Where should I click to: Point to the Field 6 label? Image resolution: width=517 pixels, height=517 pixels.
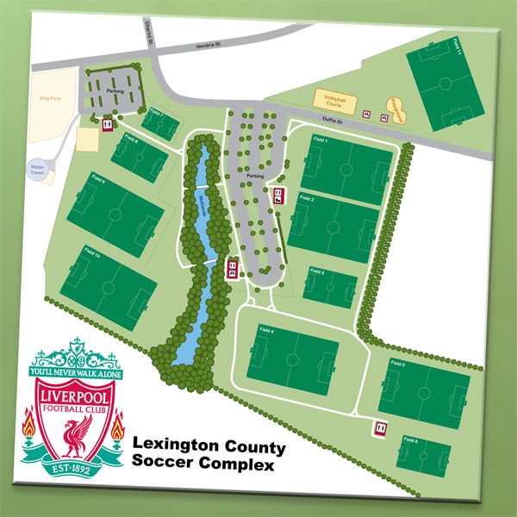pyautogui.click(x=409, y=440)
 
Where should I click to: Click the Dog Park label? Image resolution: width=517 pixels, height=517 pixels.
pyautogui.click(x=50, y=98)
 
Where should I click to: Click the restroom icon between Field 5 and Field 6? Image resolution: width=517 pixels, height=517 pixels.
pyautogui.click(x=380, y=427)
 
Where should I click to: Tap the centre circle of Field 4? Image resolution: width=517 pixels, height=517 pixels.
pyautogui.click(x=293, y=356)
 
